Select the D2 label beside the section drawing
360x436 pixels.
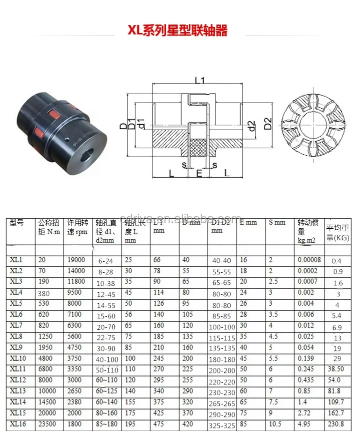267,123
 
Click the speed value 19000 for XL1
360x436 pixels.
75,260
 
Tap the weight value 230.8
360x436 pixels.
336,423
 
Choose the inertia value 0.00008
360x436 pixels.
309,260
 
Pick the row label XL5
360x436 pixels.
18,303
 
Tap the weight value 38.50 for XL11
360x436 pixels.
336,369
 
